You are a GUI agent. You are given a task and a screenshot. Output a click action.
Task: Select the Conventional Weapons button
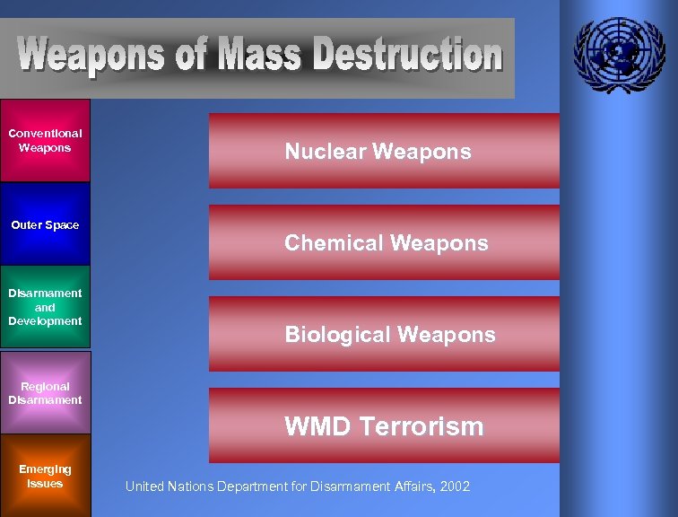coord(45,141)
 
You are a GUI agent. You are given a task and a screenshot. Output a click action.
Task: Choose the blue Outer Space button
coord(45,224)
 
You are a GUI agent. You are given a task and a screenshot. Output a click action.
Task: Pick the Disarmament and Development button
coord(45,307)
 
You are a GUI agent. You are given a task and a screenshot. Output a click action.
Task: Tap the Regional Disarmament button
coord(45,393)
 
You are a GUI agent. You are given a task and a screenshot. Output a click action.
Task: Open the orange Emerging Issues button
coord(45,476)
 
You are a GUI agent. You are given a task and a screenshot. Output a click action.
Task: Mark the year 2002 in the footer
coord(455,486)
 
